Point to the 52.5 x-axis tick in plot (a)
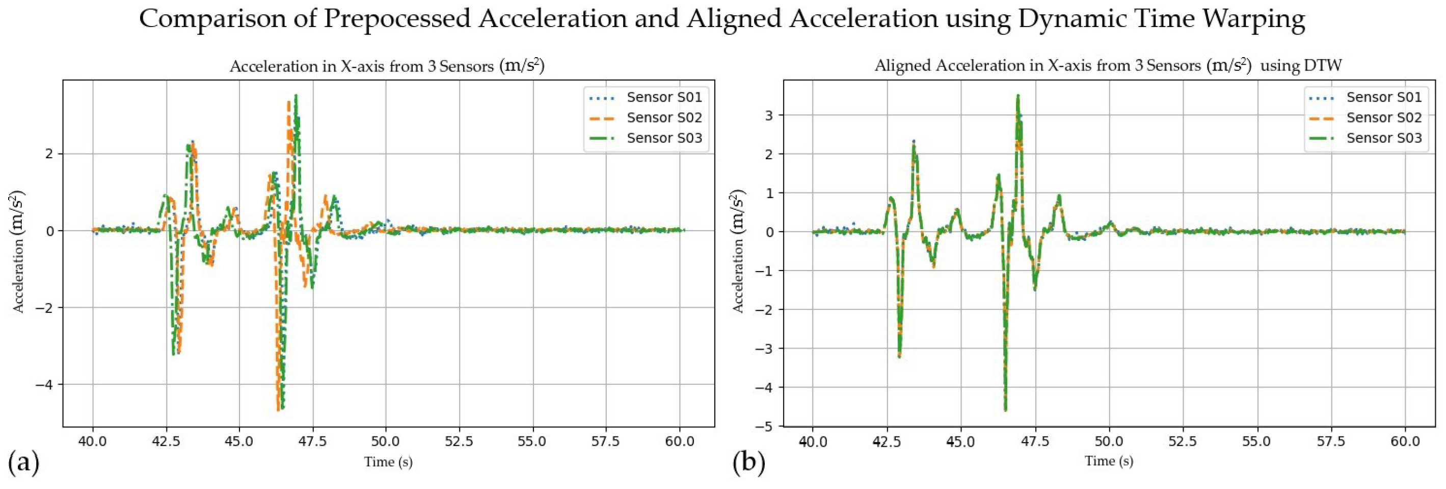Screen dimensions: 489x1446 pos(459,441)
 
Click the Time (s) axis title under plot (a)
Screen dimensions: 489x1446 pos(388,462)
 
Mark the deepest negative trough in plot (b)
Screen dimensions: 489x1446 pos(1005,410)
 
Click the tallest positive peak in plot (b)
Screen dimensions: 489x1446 pos(1017,96)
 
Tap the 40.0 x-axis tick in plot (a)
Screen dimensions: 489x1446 pos(93,441)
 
